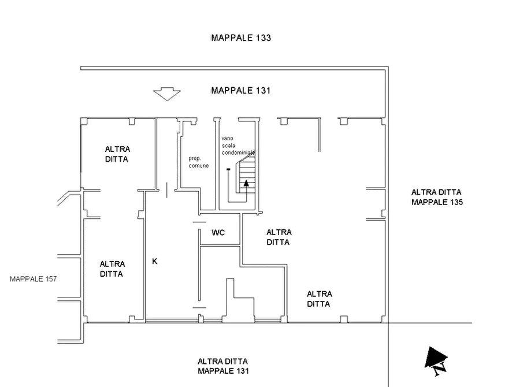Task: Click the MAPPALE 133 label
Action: pyautogui.click(x=241, y=38)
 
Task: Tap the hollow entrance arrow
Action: pyautogui.click(x=167, y=94)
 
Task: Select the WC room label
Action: pyautogui.click(x=218, y=233)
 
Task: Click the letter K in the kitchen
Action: pyautogui.click(x=155, y=261)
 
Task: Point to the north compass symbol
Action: pyautogui.click(x=436, y=361)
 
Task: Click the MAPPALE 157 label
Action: pyautogui.click(x=34, y=279)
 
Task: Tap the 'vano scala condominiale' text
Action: pyautogui.click(x=238, y=146)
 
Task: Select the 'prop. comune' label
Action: pyautogui.click(x=199, y=162)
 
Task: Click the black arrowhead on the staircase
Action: pyautogui.click(x=246, y=183)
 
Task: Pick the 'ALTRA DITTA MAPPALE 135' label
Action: pyautogui.click(x=437, y=197)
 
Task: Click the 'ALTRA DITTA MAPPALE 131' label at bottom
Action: pyautogui.click(x=223, y=366)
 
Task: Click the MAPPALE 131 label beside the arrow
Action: pyautogui.click(x=241, y=91)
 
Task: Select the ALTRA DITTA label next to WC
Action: pyautogui.click(x=279, y=237)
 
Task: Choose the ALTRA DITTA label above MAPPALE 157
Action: pyautogui.click(x=112, y=269)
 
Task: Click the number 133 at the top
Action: pyautogui.click(x=263, y=38)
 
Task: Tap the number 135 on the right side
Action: pyautogui.click(x=456, y=202)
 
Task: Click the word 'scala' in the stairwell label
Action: pyautogui.click(x=228, y=146)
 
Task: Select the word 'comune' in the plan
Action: pyautogui.click(x=199, y=166)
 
